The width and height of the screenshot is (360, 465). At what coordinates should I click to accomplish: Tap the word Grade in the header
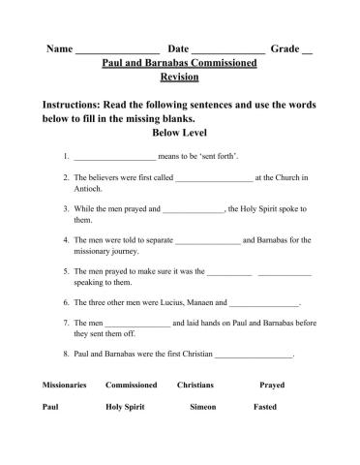285,47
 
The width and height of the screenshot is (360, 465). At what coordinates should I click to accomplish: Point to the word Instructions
79,104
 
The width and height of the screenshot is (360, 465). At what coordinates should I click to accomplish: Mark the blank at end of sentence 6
265,303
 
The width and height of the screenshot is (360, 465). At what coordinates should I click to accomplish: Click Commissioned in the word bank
131,385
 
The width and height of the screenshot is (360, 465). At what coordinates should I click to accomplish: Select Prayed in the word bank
271,385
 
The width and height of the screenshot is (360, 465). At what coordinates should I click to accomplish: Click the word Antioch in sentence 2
88,190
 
